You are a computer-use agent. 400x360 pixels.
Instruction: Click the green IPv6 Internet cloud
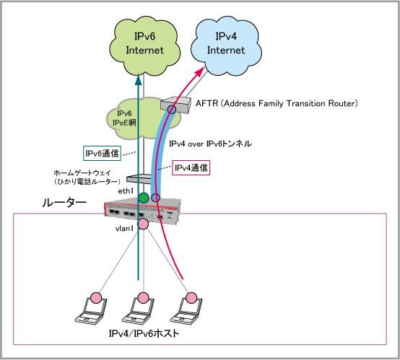(144, 46)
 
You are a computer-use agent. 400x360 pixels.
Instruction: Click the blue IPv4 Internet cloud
(226, 46)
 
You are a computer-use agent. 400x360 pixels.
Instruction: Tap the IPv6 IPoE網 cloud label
(124, 118)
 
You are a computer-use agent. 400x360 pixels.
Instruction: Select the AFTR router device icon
(175, 105)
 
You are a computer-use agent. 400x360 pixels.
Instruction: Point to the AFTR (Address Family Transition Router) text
(277, 103)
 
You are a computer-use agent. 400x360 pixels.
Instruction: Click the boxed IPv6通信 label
(102, 153)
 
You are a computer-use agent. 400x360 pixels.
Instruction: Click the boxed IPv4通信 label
(191, 168)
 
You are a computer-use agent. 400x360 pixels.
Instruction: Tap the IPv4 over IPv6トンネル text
(210, 144)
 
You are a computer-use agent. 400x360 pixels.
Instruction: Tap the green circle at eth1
(144, 198)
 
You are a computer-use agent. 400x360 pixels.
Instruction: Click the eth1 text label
(126, 191)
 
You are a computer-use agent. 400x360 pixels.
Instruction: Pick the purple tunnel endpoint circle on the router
(156, 198)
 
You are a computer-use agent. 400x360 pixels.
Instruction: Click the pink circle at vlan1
(143, 224)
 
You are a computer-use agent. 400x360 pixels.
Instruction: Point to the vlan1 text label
(124, 229)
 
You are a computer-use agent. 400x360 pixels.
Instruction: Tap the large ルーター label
(64, 203)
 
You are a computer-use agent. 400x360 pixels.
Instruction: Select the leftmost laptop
(91, 311)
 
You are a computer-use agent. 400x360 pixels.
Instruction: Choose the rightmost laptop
(186, 311)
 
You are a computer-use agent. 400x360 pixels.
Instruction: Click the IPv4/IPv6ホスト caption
(144, 333)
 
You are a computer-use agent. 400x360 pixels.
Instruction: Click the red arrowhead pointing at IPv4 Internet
(200, 71)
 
